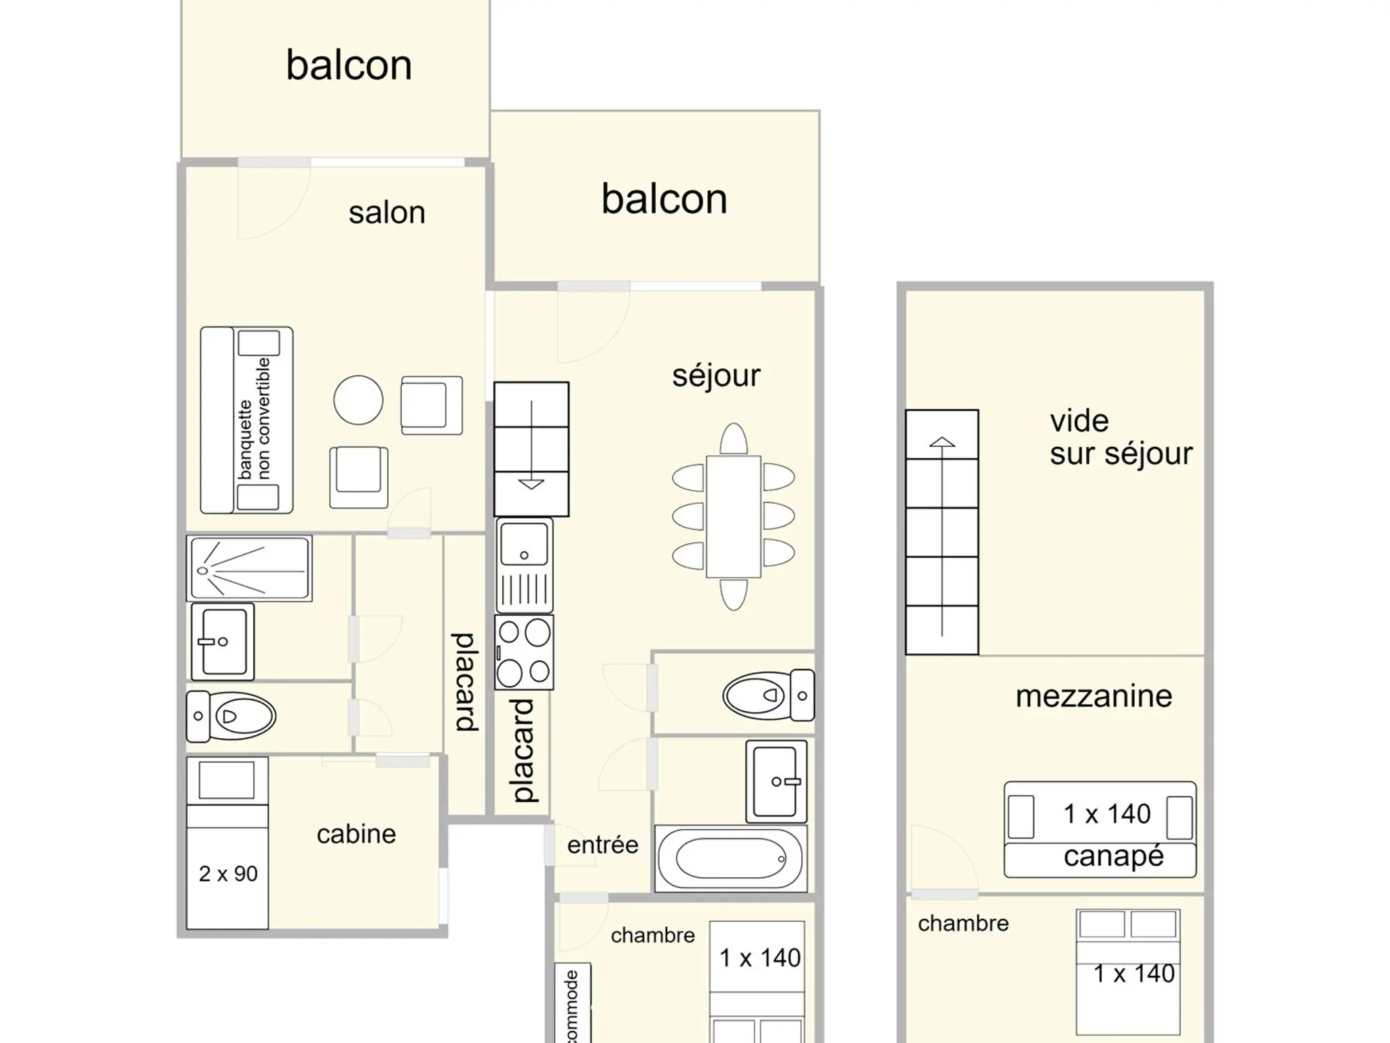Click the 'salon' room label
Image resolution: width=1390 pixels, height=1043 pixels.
(x=387, y=213)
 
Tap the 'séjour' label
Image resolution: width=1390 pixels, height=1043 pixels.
(x=716, y=376)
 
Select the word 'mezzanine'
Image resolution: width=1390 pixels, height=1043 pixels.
(x=1093, y=697)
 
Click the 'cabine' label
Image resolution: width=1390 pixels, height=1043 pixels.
(x=356, y=834)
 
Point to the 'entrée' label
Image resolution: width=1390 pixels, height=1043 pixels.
(x=603, y=845)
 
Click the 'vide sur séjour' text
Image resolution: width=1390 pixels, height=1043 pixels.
(x=1121, y=437)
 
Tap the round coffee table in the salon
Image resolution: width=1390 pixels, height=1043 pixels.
(x=358, y=400)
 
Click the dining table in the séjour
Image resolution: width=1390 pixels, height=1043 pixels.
(x=733, y=517)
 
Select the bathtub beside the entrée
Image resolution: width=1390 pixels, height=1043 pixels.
(x=731, y=858)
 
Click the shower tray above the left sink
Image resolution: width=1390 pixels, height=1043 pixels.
(x=249, y=568)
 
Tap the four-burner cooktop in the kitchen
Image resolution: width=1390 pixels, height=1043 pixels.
(x=524, y=653)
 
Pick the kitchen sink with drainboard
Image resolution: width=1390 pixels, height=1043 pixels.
(x=524, y=566)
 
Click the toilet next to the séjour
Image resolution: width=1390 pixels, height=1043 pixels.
(x=768, y=695)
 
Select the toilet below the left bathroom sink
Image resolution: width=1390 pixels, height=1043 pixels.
(x=231, y=716)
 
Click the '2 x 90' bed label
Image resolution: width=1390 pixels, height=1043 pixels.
(x=228, y=874)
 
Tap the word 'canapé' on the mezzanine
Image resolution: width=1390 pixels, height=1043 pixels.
(x=1113, y=857)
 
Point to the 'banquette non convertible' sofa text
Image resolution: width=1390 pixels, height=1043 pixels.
(x=255, y=419)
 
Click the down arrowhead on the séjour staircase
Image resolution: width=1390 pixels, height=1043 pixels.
(x=531, y=484)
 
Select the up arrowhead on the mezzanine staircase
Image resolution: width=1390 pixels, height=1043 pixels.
(x=942, y=442)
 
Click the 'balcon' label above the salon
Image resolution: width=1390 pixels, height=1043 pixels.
(x=349, y=66)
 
